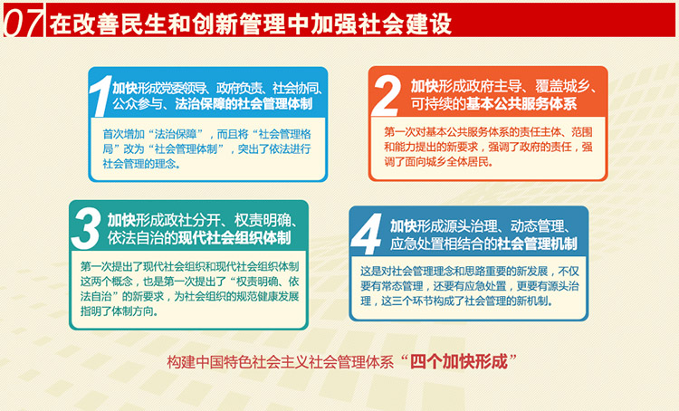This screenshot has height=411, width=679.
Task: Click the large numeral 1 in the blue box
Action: click(100, 95)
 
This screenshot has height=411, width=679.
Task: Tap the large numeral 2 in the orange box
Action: click(387, 94)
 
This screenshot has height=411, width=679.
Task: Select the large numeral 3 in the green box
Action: click(87, 228)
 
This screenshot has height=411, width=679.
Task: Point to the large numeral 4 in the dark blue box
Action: click(368, 234)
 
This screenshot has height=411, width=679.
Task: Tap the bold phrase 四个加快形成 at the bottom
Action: click(459, 361)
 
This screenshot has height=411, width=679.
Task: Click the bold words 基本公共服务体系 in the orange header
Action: click(521, 104)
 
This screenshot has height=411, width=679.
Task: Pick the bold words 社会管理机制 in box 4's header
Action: click(537, 244)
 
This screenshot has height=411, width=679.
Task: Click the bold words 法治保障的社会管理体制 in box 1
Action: click(244, 104)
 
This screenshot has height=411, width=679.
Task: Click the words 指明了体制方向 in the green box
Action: click(117, 311)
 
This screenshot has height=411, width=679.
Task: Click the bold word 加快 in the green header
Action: click(121, 221)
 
